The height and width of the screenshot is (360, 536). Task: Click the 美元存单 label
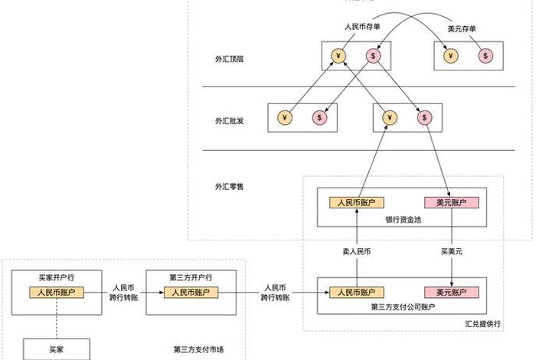(x=462, y=29)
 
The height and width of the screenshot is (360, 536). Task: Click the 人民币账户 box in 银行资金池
(x=356, y=203)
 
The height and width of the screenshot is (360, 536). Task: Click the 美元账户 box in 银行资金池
(x=451, y=203)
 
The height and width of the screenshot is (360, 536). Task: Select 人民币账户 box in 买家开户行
(x=56, y=292)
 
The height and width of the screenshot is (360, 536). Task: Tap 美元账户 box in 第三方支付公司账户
(x=451, y=292)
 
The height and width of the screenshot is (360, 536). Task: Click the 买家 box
(x=56, y=349)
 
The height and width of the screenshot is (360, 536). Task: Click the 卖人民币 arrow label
(x=356, y=250)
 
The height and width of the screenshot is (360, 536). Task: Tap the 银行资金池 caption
(x=404, y=219)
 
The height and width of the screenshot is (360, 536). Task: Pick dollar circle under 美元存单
(x=486, y=56)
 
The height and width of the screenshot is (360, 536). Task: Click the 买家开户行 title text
(x=56, y=277)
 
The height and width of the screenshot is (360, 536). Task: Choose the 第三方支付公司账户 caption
(x=404, y=308)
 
